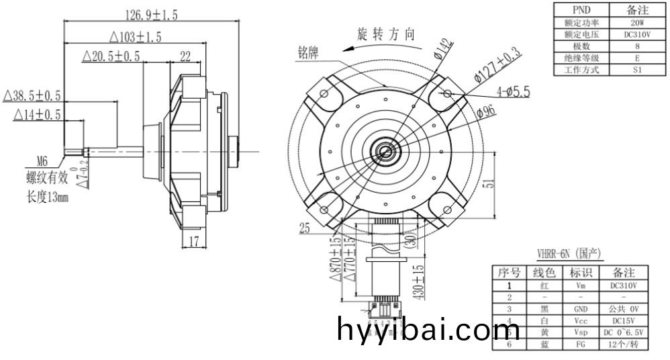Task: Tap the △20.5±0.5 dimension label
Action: pos(111,56)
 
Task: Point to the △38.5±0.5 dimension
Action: pos(32,95)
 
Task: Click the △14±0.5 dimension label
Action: pos(37,116)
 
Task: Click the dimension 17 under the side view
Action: pos(193,241)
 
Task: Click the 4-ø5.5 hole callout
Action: pos(513,91)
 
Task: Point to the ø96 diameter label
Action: pos(486,111)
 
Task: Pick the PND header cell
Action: pos(581,10)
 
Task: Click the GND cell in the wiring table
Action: pos(581,309)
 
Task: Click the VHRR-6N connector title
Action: pos(569,253)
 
